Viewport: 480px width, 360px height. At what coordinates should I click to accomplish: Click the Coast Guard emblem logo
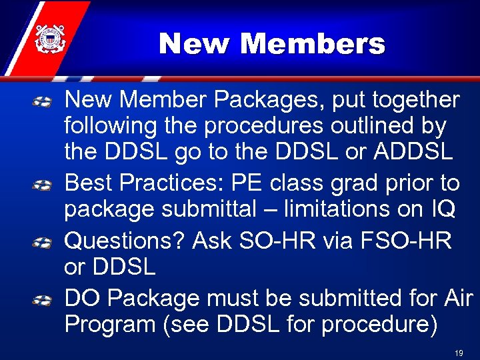[47, 38]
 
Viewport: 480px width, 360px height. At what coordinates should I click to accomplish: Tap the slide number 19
[458, 353]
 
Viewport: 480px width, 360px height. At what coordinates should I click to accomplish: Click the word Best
[87, 183]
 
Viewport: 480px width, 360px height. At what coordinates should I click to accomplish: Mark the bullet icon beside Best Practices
[43, 184]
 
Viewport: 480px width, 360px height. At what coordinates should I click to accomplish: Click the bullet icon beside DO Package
[43, 299]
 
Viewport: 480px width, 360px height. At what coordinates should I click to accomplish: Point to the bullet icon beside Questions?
[43, 241]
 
